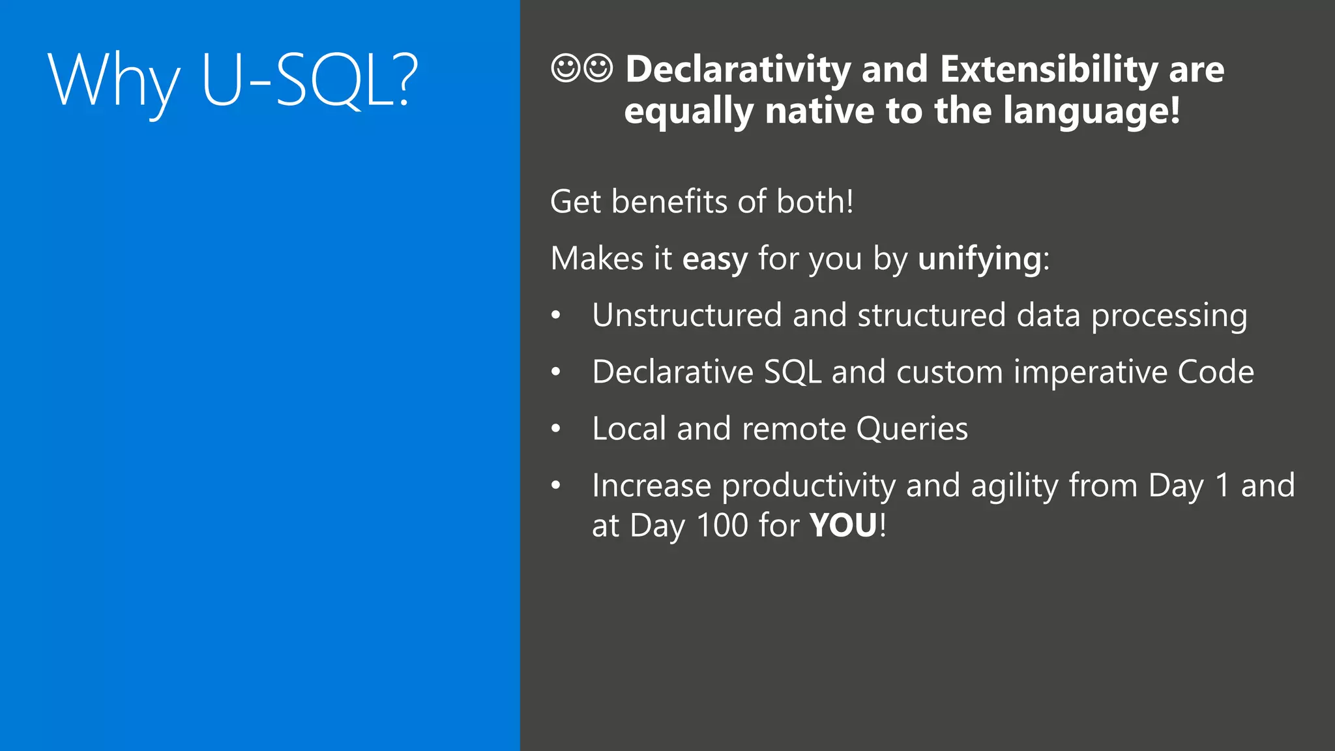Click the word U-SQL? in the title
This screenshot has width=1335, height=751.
click(x=310, y=81)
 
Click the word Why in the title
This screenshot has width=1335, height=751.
click(x=114, y=81)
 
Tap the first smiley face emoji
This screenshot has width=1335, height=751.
click(x=565, y=68)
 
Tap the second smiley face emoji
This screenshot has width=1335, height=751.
click(x=598, y=68)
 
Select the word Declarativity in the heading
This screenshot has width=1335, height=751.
click(x=738, y=69)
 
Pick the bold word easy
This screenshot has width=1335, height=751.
click(x=715, y=259)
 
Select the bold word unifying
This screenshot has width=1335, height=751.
click(x=980, y=259)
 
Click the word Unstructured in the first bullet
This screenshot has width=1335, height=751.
click(x=686, y=316)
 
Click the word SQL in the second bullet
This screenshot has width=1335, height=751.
click(x=792, y=372)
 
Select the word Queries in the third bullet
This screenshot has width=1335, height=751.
click(x=912, y=430)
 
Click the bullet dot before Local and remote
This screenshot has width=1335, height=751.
click(x=555, y=429)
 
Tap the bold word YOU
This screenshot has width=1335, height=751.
click(x=844, y=525)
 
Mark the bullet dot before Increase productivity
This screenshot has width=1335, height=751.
click(x=555, y=486)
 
